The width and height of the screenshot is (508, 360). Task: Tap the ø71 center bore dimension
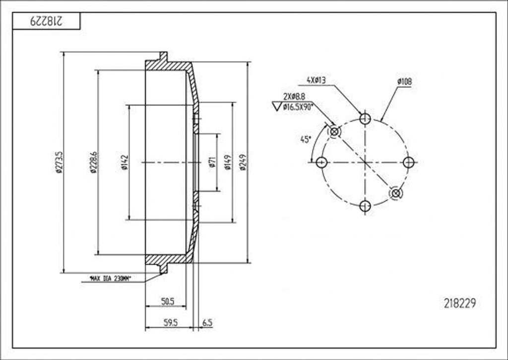click(212, 162)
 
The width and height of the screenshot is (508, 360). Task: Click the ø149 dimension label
click(228, 162)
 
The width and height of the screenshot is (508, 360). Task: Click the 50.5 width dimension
click(167, 301)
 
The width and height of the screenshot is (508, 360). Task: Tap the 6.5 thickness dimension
click(207, 323)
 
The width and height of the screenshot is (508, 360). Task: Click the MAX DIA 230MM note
click(110, 279)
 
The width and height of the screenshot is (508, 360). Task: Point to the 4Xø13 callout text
click(316, 80)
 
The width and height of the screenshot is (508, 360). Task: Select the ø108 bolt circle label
click(404, 81)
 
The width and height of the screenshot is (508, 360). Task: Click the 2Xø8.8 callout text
click(294, 96)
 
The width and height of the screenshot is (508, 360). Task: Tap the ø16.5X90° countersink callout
click(297, 106)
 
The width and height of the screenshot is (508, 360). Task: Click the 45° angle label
click(306, 140)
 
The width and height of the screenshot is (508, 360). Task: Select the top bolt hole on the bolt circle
click(365, 119)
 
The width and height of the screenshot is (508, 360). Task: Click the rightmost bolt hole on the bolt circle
click(408, 162)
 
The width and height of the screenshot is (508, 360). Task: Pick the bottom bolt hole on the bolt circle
click(365, 205)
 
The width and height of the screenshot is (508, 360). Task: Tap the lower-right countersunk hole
click(395, 193)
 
